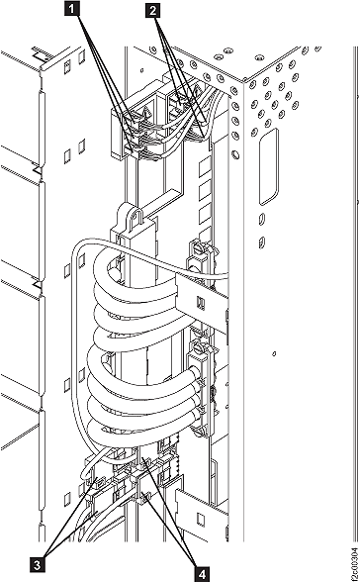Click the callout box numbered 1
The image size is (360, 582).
[71, 12]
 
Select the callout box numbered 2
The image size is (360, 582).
[153, 12]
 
